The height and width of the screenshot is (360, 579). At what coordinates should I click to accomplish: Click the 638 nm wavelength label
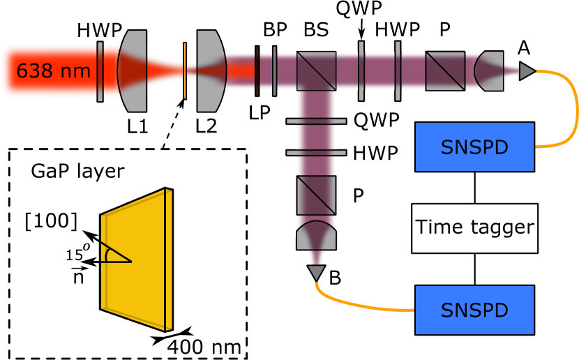click(53, 71)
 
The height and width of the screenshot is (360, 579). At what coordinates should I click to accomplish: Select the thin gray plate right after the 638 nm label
click(100, 71)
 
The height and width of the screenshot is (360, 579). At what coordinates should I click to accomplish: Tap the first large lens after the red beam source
click(132, 71)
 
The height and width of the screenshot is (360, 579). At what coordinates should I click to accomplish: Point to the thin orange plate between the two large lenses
click(185, 71)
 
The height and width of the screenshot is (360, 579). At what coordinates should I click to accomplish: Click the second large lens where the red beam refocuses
click(211, 71)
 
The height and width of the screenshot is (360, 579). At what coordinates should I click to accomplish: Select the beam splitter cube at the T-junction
click(316, 71)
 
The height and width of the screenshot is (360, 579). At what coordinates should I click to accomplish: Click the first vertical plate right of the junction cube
click(361, 71)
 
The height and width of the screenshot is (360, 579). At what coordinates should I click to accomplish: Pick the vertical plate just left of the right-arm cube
click(398, 71)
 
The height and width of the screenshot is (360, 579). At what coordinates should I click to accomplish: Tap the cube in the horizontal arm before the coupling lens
click(445, 71)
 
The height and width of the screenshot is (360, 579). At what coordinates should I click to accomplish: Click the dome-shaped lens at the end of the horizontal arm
click(489, 71)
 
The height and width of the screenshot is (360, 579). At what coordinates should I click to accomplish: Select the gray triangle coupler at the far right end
click(526, 71)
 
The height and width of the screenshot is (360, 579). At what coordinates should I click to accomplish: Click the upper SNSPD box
click(474, 147)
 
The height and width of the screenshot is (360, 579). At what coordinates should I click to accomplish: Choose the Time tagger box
click(474, 228)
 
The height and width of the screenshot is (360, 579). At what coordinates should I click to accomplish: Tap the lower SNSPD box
click(474, 310)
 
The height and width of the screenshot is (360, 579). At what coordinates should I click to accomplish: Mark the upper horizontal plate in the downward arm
click(316, 121)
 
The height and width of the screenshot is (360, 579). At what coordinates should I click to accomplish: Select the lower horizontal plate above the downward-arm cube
click(316, 152)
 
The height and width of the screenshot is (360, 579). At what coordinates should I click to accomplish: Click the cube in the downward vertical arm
click(316, 195)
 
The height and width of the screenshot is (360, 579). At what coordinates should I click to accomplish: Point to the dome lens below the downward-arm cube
click(316, 236)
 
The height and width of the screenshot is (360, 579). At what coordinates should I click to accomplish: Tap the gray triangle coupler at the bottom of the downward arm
click(316, 272)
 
